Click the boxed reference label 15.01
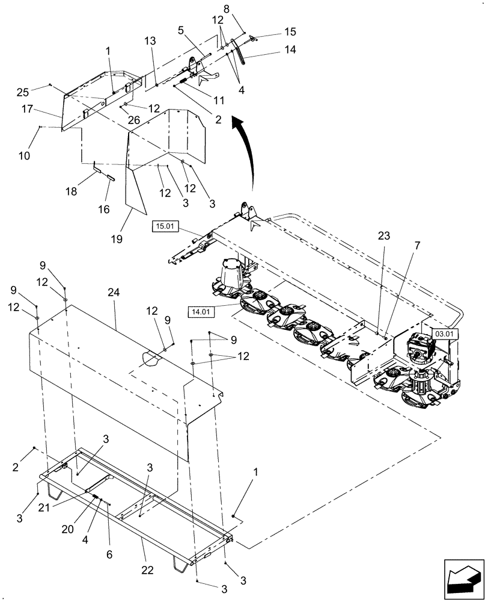click(x=163, y=227)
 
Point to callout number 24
click(x=114, y=292)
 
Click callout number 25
click(x=22, y=91)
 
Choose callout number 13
click(x=150, y=40)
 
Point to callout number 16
click(x=103, y=209)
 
